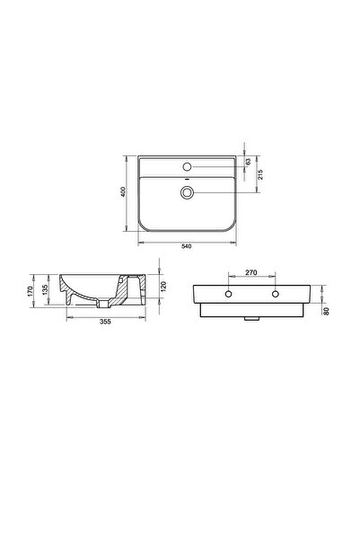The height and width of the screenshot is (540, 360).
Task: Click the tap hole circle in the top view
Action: tap(187, 166)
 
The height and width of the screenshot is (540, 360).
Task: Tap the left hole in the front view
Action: tap(230, 295)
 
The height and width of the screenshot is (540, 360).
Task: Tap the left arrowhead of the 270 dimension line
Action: tap(231, 276)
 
